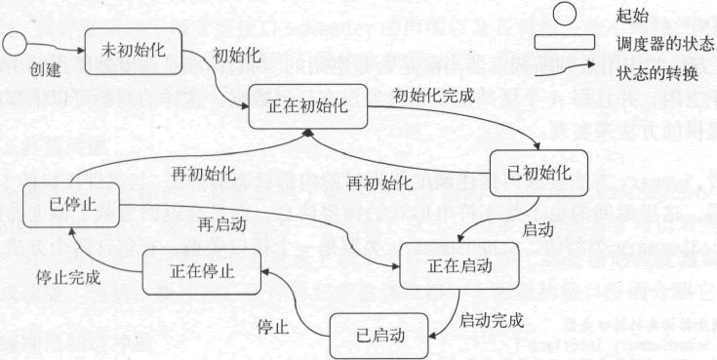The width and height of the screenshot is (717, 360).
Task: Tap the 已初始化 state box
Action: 538,173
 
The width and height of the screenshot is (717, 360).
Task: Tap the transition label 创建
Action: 44,70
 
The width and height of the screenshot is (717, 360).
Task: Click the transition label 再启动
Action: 221,224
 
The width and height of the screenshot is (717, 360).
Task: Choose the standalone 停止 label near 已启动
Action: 273,325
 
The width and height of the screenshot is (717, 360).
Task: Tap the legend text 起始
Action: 633,16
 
